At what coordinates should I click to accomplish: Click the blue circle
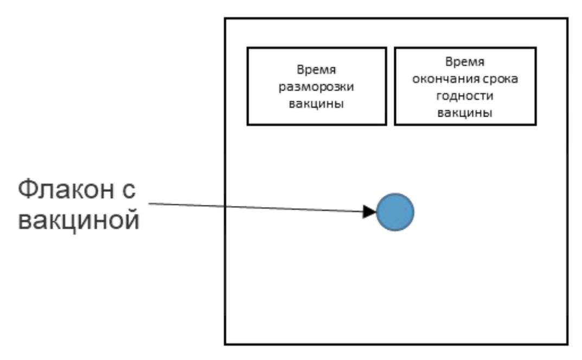click(395, 212)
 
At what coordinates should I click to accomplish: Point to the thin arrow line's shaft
click(255, 208)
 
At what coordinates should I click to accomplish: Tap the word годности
click(465, 97)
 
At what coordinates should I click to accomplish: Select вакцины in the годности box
click(465, 114)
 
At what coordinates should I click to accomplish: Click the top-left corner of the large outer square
click(226, 18)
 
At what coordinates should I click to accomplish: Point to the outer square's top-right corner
click(568, 18)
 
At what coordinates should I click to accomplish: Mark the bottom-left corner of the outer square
click(226, 344)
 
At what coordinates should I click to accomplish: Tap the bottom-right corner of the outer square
click(568, 344)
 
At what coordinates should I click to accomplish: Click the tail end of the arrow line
click(149, 204)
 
